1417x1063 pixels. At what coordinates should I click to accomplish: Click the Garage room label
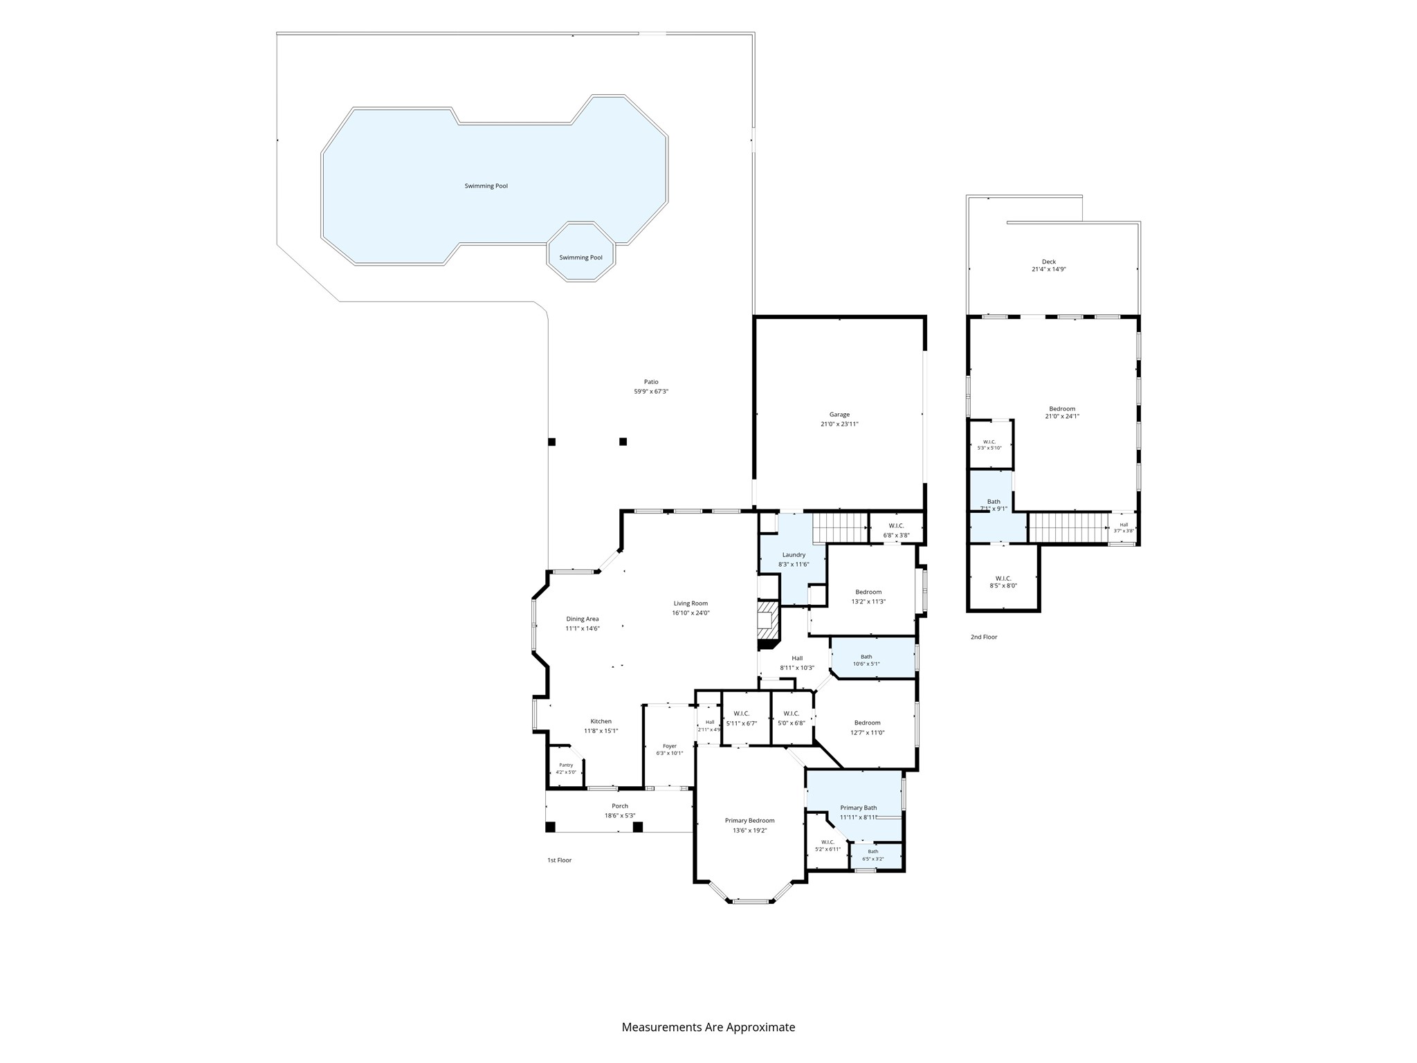839,415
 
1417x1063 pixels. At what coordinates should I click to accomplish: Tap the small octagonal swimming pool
580,251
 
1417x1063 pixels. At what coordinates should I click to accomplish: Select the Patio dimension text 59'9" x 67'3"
651,392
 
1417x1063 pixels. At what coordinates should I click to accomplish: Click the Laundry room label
794,554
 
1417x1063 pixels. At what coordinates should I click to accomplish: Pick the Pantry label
566,765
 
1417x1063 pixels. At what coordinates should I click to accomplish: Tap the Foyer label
670,745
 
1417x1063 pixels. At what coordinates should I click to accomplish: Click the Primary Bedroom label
749,820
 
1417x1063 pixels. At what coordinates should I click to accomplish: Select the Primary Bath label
858,808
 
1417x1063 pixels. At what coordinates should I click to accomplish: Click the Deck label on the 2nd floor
1049,262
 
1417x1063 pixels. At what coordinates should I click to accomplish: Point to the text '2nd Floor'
984,637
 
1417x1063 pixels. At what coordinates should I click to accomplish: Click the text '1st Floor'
559,860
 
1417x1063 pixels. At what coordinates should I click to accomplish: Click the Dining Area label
583,619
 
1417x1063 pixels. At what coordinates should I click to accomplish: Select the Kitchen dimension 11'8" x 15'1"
601,731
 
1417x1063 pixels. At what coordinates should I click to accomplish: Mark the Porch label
620,806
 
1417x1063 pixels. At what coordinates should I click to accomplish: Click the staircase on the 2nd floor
1068,527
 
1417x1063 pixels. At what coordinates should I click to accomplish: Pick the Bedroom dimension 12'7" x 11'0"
867,732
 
